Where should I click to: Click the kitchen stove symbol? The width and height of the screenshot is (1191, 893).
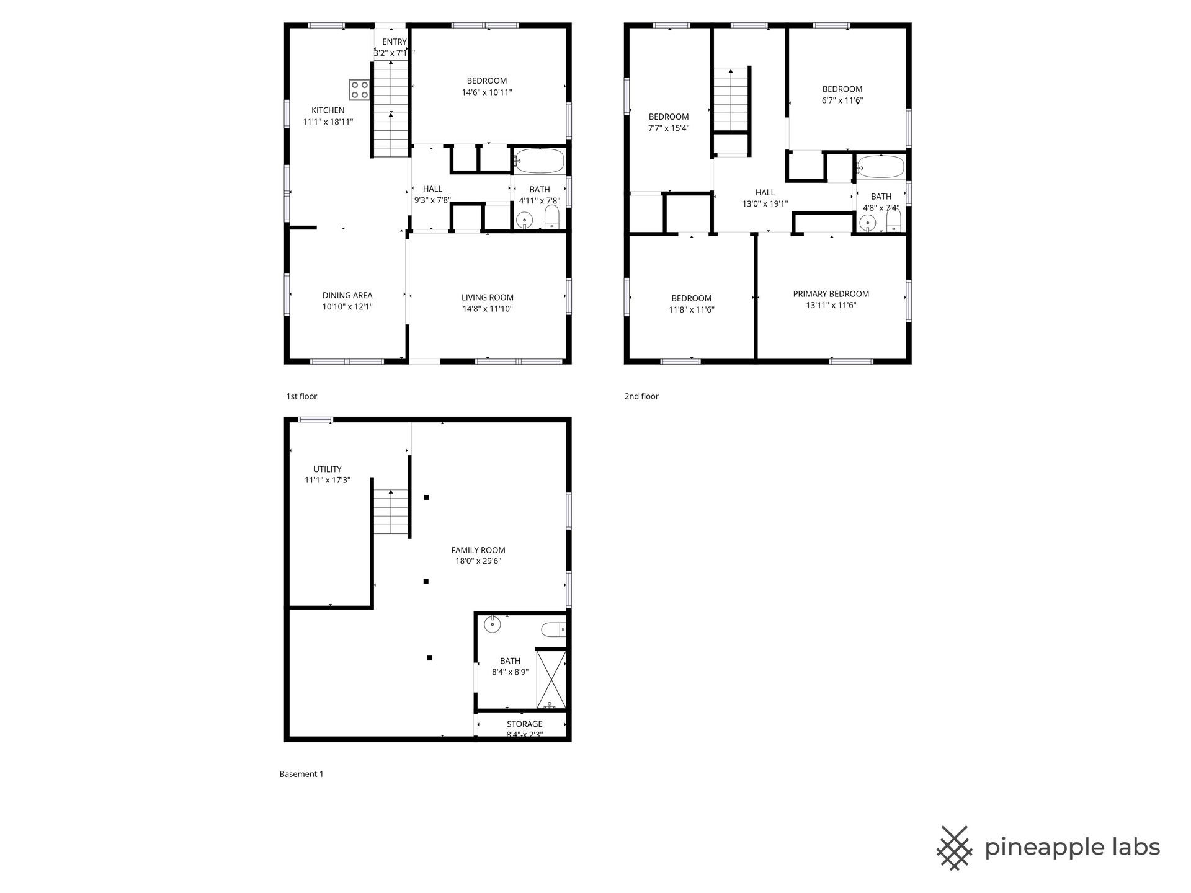click(x=359, y=90)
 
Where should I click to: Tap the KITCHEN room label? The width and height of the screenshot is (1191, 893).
click(x=328, y=110)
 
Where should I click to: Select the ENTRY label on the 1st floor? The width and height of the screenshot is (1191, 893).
click(x=394, y=42)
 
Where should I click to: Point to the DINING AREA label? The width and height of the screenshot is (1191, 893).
click(x=347, y=295)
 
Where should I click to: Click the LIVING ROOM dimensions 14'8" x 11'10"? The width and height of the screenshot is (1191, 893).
click(x=488, y=309)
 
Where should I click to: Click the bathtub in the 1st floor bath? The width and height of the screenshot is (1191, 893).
click(x=539, y=161)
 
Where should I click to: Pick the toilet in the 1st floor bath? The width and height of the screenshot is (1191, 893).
click(x=551, y=218)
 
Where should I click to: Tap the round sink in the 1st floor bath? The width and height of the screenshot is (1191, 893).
click(x=525, y=220)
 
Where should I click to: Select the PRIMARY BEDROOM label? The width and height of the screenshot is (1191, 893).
click(x=831, y=294)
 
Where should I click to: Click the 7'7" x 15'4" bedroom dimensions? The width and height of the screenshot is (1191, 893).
click(x=669, y=128)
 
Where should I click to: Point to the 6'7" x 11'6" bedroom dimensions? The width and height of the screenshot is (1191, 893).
click(x=842, y=100)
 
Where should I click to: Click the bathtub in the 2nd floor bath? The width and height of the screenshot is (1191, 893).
click(x=881, y=167)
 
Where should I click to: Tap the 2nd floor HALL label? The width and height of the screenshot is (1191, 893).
click(x=765, y=192)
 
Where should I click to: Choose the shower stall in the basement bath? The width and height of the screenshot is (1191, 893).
click(x=551, y=678)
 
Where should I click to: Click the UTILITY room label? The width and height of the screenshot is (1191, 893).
click(x=328, y=469)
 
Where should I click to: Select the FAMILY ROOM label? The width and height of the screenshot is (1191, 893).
click(x=478, y=550)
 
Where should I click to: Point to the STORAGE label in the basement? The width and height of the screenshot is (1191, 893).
click(x=525, y=724)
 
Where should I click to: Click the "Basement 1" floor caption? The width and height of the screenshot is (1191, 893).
click(x=301, y=774)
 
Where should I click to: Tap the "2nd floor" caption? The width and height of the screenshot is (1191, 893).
click(x=641, y=396)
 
